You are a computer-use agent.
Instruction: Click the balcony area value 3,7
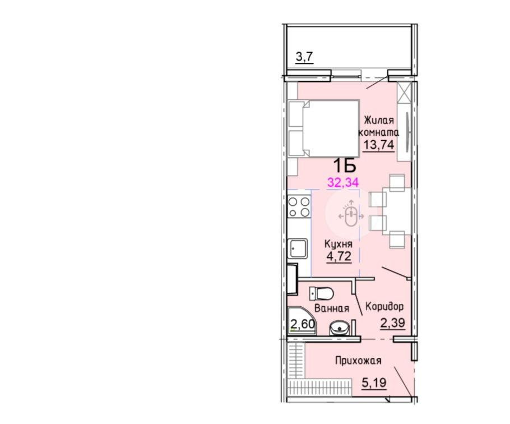coord(76,57)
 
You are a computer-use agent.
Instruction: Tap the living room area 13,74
coord(378,144)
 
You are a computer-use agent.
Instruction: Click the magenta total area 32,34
coord(343,182)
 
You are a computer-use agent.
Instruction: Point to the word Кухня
coord(339,244)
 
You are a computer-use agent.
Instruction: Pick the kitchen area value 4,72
coord(339,256)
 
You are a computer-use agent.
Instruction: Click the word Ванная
coord(332,308)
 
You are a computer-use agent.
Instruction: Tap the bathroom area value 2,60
coord(75,324)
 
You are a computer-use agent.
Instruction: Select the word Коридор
coord(384,306)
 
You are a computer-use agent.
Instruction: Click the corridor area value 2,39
coord(392,323)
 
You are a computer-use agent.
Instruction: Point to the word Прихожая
coord(358,361)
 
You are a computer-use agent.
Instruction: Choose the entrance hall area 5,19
coord(374,382)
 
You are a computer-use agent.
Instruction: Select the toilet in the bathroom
coord(321,293)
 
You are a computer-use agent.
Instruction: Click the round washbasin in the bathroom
coord(339,328)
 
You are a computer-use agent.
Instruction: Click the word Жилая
coord(378,121)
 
